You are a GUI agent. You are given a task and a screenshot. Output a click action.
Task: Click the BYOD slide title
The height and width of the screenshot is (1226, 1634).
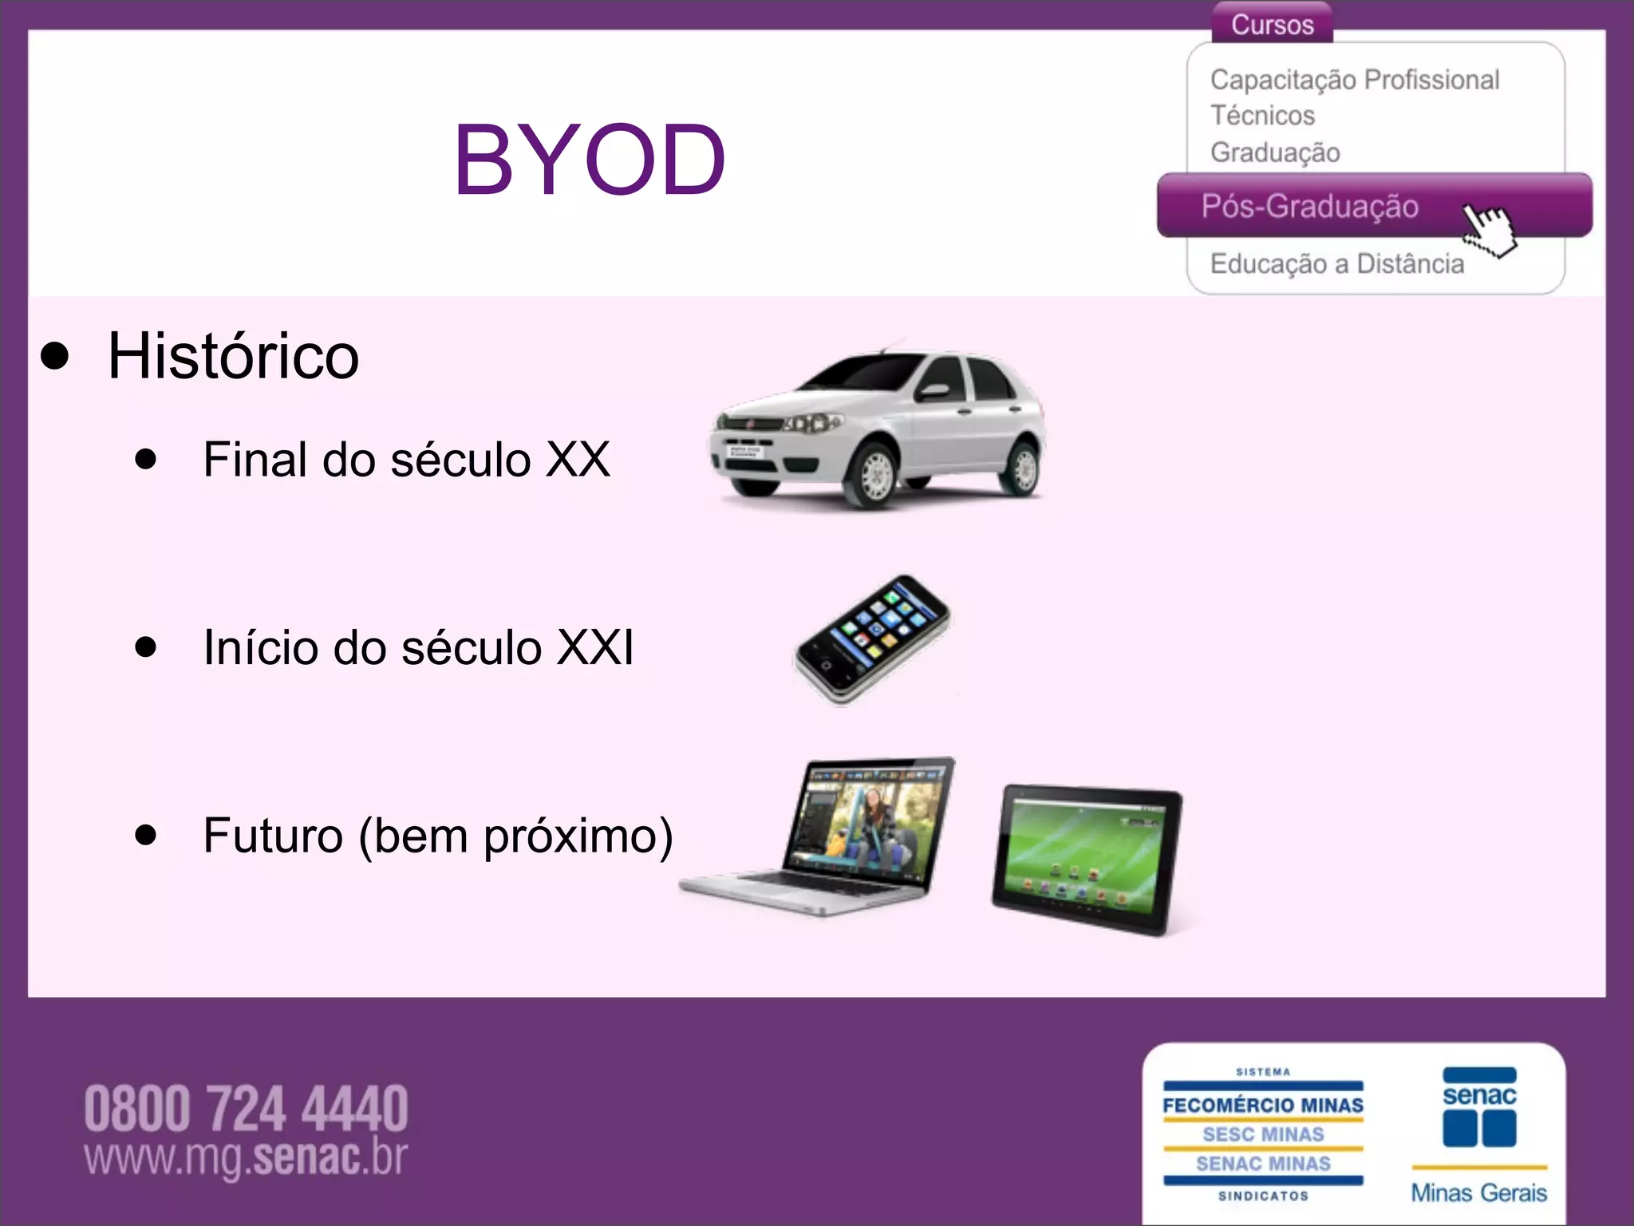pyautogui.click(x=590, y=160)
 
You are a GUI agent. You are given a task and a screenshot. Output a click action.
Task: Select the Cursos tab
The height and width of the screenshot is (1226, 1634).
pyautogui.click(x=1272, y=24)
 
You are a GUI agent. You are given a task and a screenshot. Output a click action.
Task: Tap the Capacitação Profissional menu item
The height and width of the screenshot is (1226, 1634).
pyautogui.click(x=1354, y=80)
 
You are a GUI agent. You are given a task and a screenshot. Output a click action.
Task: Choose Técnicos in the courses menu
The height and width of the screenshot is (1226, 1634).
pyautogui.click(x=1262, y=116)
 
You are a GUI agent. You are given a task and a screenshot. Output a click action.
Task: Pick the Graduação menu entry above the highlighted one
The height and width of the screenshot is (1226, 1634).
pyautogui.click(x=1275, y=152)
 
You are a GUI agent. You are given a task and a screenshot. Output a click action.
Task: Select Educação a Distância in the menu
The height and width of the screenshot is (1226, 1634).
pyautogui.click(x=1336, y=263)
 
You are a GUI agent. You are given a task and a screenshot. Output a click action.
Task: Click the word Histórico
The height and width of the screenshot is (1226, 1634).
pyautogui.click(x=233, y=356)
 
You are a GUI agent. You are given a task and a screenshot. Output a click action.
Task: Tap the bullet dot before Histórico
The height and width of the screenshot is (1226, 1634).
pyautogui.click(x=54, y=357)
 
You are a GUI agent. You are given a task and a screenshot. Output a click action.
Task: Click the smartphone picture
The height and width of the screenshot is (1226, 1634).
pyautogui.click(x=873, y=639)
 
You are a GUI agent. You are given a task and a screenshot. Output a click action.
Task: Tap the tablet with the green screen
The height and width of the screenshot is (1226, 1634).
pyautogui.click(x=1087, y=858)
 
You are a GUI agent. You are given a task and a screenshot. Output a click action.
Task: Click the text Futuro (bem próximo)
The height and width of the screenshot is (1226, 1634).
pyautogui.click(x=438, y=836)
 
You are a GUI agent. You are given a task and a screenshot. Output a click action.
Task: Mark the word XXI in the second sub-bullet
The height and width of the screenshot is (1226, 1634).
pyautogui.click(x=594, y=647)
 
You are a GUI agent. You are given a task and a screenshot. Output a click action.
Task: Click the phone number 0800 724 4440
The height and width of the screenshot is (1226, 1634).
pyautogui.click(x=246, y=1109)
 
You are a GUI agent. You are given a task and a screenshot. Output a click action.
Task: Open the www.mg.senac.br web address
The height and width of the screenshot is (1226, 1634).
pyautogui.click(x=246, y=1157)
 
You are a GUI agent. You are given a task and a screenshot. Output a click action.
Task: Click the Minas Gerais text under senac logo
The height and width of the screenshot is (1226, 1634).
pyautogui.click(x=1478, y=1192)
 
